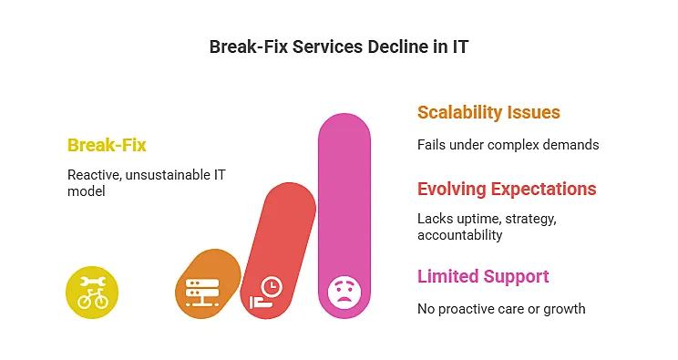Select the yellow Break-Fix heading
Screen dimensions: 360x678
coord(107,145)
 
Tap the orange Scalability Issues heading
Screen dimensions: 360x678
coord(488,113)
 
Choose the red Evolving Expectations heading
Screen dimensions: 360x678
coord(507,190)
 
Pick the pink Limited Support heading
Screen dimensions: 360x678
coord(483,276)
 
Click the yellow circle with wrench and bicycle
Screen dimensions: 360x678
coord(92,292)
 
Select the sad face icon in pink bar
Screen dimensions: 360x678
coord(344,291)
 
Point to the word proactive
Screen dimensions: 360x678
coord(470,309)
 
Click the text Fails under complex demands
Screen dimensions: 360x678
coord(508,145)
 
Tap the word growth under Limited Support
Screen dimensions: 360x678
coord(566,309)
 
